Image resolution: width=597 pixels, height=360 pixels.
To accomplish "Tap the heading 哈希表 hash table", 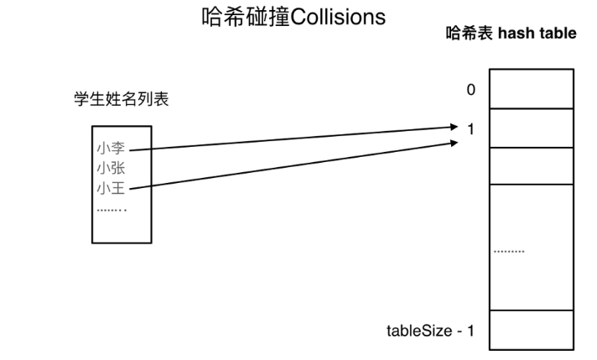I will click(511, 34).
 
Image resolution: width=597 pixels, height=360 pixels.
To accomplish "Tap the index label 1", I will click(470, 128).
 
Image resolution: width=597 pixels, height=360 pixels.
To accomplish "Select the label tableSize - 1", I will click(430, 331).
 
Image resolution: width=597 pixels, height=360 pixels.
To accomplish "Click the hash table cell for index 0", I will click(531, 89).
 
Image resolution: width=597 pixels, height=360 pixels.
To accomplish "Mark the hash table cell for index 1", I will click(531, 128).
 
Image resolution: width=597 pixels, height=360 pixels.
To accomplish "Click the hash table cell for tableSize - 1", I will click(531, 331).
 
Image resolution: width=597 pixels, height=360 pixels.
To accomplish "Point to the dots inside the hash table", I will click(510, 252).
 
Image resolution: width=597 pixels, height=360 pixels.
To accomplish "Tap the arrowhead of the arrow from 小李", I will click(454, 128).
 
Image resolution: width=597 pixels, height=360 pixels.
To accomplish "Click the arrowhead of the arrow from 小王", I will click(454, 142).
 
